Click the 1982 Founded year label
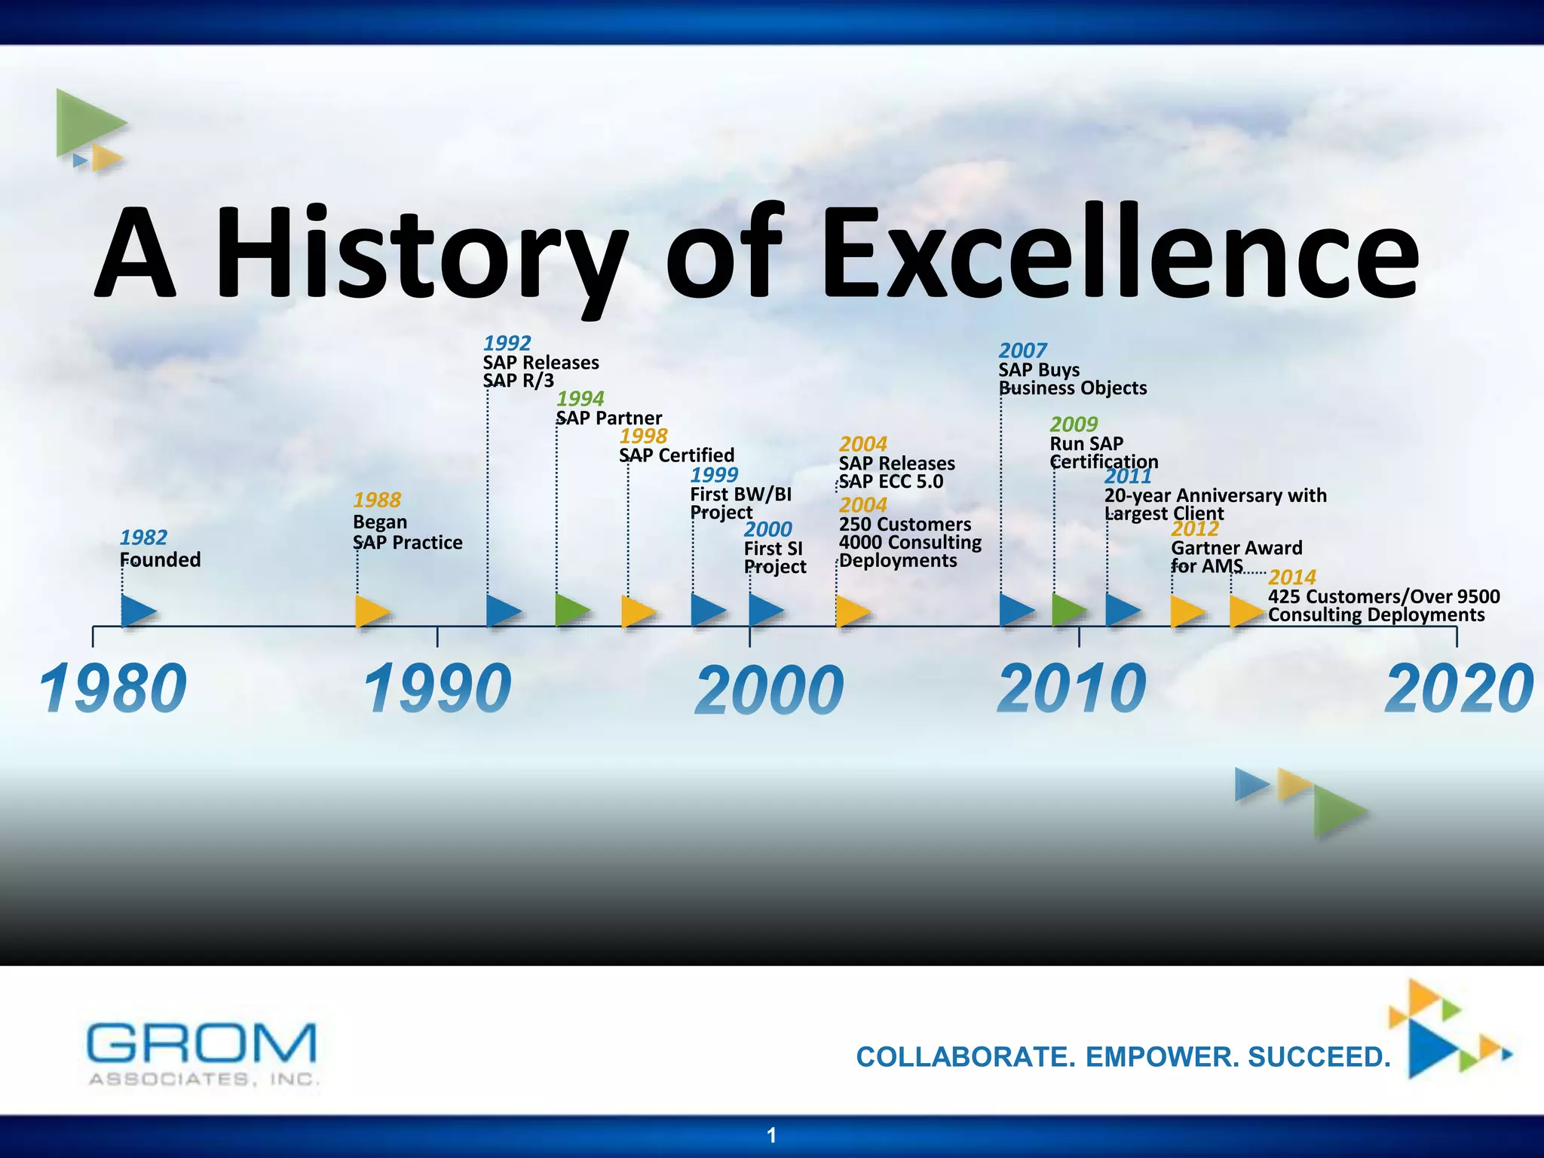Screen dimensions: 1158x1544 pos(143,538)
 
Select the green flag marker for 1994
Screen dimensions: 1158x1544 pos(571,610)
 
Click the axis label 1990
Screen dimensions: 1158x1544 pos(437,689)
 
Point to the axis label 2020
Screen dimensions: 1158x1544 pos(1459,689)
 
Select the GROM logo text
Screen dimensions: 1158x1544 pos(201,1043)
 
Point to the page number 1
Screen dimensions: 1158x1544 pos(771,1135)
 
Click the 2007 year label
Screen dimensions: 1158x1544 pos(1022,351)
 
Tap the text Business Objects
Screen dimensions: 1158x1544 pos(1072,388)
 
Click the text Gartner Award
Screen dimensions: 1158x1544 pos(1236,548)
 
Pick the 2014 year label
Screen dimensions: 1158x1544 pos(1291,577)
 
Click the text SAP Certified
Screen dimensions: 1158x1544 pos(676,455)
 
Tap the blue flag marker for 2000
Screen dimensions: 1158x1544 pos(765,610)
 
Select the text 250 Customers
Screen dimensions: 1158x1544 pos(905,525)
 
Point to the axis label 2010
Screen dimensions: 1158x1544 pos(1071,689)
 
